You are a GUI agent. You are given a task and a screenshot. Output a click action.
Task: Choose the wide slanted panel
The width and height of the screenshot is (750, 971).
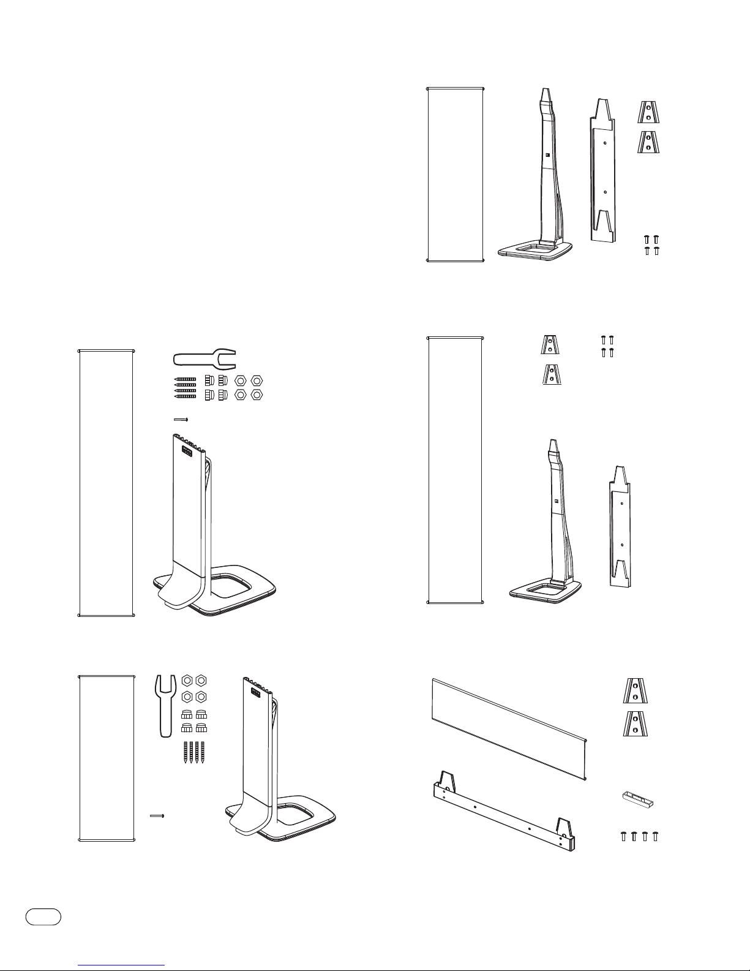point(510,728)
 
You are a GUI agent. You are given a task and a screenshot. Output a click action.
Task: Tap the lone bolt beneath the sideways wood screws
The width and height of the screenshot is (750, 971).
point(180,420)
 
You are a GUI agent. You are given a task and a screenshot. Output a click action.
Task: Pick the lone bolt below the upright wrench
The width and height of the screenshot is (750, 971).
point(158,815)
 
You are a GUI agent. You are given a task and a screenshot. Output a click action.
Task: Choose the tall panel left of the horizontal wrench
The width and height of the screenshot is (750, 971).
point(107,483)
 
